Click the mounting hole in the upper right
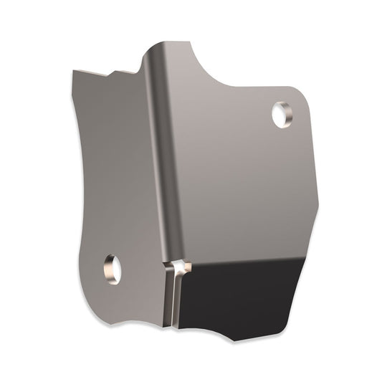click(x=281, y=115)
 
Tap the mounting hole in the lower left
click(x=112, y=269)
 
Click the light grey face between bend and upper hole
click(x=222, y=143)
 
